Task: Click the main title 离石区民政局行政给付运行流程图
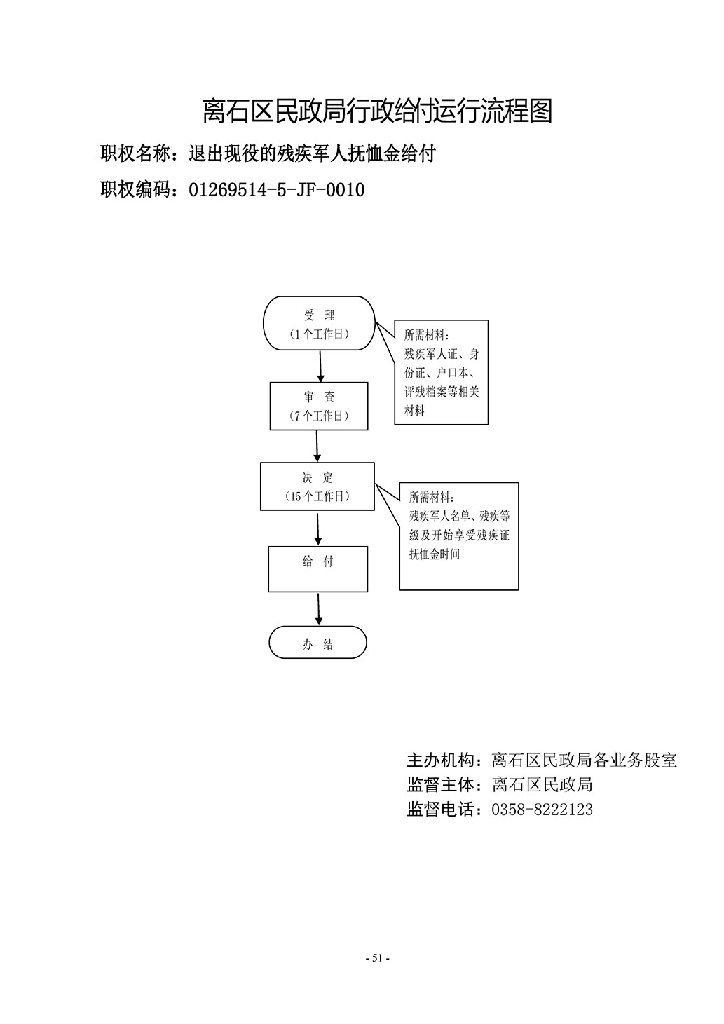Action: coord(377,111)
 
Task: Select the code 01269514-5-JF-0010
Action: coord(277,190)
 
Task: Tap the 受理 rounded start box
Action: coord(319,323)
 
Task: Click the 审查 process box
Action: coord(319,406)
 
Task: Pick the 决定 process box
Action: coord(317,486)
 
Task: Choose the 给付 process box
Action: coord(317,569)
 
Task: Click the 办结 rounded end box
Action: coord(317,642)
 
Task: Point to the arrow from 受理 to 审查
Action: coord(320,367)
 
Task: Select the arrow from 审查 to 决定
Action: coord(317,446)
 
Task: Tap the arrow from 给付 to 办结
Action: coord(319,609)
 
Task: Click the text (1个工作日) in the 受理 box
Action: coord(319,334)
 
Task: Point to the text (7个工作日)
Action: coord(319,416)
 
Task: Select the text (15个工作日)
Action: coord(317,496)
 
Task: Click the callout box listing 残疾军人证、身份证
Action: coord(441,372)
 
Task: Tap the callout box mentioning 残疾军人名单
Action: coord(459,536)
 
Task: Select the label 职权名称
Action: coord(135,153)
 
